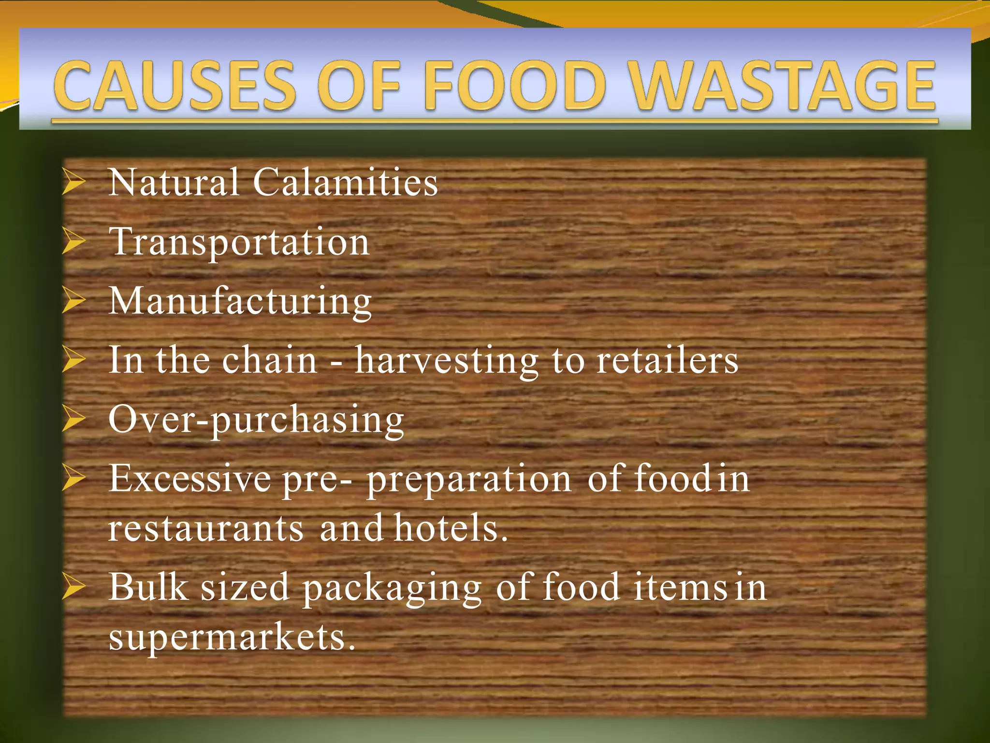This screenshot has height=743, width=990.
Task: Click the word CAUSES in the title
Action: coord(175,86)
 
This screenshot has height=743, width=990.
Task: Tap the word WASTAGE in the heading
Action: coord(784,86)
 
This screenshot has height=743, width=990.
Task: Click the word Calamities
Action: coord(345,182)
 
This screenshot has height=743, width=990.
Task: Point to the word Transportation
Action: coord(239,242)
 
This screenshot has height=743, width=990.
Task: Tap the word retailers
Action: coord(667,360)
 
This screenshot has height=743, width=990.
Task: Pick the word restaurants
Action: coord(206,528)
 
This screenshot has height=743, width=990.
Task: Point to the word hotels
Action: coord(450,528)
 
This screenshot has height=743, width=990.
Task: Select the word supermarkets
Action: coord(232,638)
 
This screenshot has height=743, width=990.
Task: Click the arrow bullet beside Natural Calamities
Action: coord(74,183)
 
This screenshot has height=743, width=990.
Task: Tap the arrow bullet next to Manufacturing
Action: coord(74,301)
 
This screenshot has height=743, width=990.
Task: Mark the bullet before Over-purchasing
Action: coord(74,420)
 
